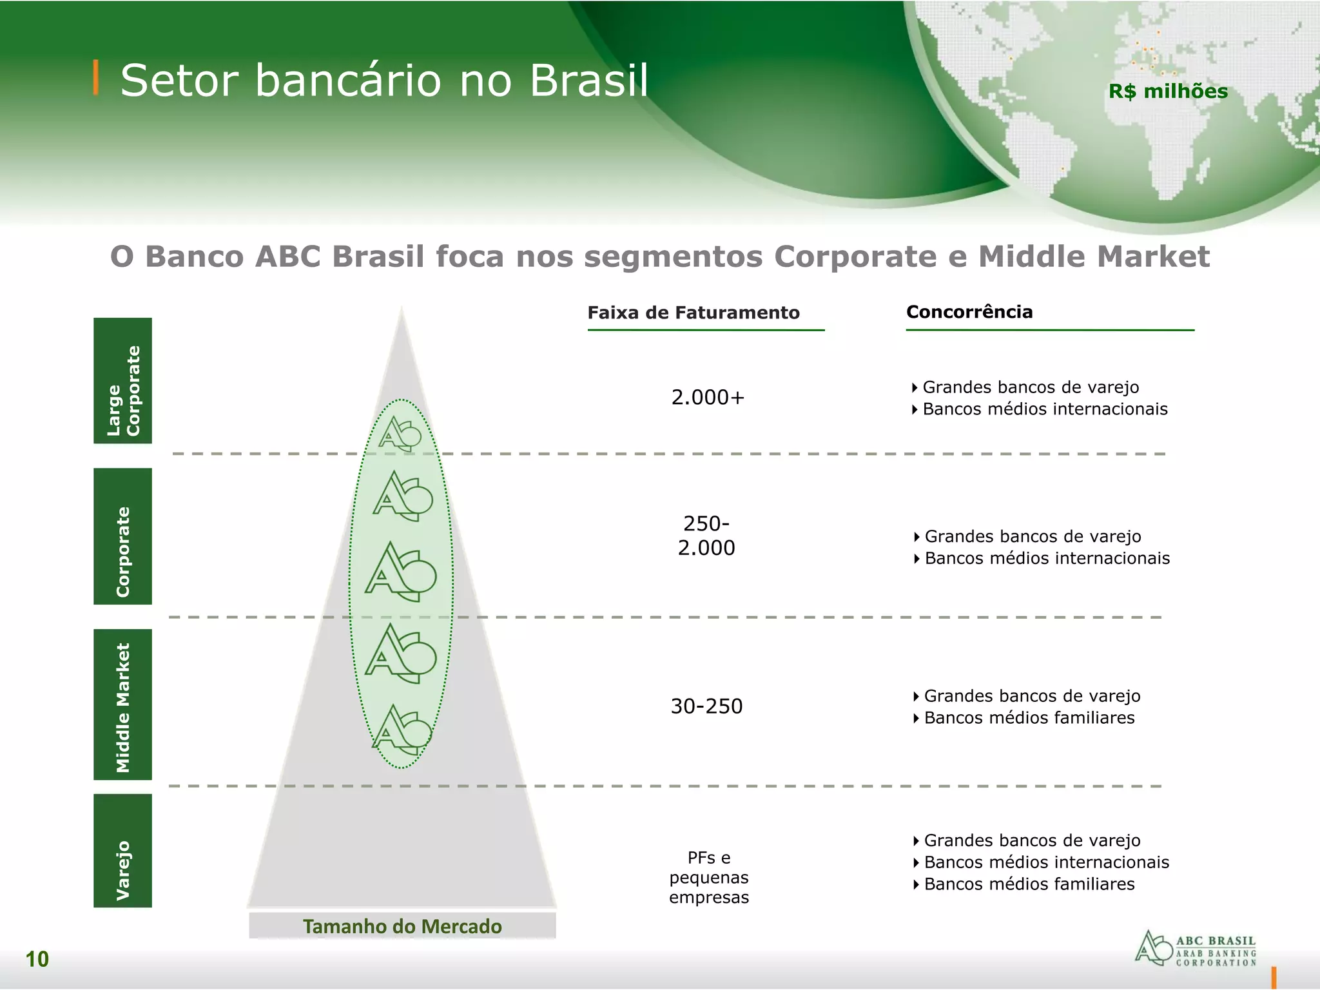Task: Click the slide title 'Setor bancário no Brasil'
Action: [384, 81]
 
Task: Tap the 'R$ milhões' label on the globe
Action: [1168, 92]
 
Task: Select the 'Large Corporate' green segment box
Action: [122, 380]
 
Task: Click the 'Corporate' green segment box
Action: [122, 536]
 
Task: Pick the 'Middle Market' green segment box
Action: [122, 704]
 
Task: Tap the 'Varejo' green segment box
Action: [122, 851]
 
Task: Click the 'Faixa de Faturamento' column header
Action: [694, 313]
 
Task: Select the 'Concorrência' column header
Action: [969, 312]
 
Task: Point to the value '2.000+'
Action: [708, 398]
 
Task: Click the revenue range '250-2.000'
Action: [706, 536]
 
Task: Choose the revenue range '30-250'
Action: [706, 706]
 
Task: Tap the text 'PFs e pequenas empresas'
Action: [709, 877]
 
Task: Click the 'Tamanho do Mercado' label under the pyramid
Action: [402, 926]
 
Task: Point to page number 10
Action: [37, 959]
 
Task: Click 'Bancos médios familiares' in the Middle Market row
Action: [1029, 718]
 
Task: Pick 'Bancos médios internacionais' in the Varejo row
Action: [1046, 862]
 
